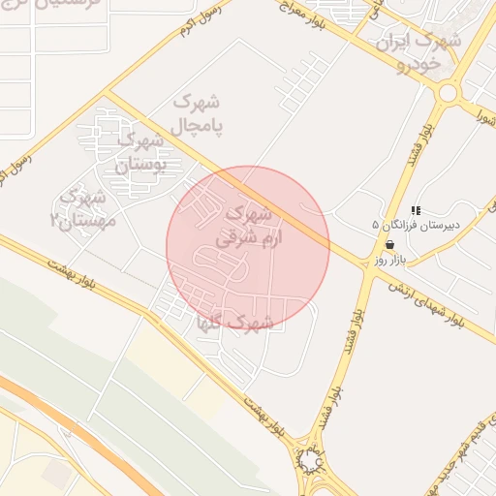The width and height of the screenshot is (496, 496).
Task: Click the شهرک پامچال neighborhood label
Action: point(198,114)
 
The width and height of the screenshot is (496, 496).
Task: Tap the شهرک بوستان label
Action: point(141,153)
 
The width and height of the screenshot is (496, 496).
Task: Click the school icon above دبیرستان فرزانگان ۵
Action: point(416,210)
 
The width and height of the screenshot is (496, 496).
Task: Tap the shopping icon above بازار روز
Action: point(389,246)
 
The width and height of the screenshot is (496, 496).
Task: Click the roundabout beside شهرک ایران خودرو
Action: point(448,93)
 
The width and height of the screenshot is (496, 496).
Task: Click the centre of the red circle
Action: point(248,248)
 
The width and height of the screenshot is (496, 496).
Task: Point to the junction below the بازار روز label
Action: point(369,274)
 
